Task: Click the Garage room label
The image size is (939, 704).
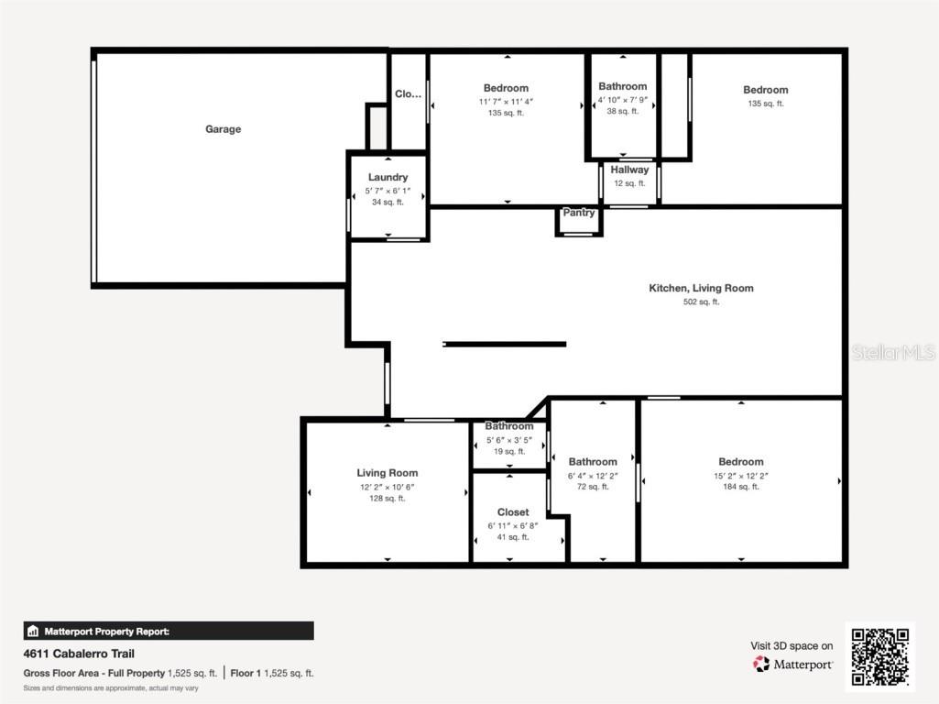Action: pos(223,129)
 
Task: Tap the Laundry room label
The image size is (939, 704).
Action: pos(388,177)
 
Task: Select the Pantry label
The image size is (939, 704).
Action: pos(579,213)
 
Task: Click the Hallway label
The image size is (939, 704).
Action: pos(629,170)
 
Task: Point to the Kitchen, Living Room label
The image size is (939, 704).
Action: pos(701,288)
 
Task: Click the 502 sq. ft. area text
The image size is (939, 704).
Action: pos(701,302)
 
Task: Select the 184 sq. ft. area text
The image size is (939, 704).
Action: pos(740,487)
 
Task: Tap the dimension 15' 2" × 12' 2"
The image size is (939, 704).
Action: pos(740,475)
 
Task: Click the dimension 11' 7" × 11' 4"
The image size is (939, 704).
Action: pos(506,102)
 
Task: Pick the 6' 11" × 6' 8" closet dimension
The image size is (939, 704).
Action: pos(512,525)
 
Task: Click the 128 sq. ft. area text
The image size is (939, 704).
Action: pos(388,499)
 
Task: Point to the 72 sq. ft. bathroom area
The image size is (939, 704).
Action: pos(593,487)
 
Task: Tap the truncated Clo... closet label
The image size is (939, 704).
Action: pos(408,93)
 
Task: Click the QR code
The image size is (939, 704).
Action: pos(879,656)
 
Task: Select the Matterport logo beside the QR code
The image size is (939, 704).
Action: pos(792,664)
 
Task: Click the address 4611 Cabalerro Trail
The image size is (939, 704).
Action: pos(79,654)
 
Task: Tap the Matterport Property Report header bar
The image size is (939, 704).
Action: pos(169,631)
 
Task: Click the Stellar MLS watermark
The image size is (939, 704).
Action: pos(893,352)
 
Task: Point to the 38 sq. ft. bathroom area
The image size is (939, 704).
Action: pos(623,112)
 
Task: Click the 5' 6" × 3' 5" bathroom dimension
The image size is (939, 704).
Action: pos(508,439)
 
